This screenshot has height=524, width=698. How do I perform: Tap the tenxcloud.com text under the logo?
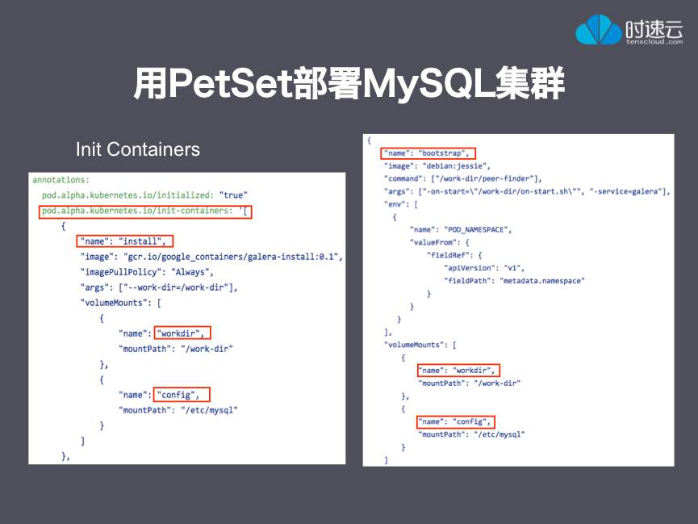[x=654, y=41]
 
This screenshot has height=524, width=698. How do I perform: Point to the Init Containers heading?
[x=138, y=149]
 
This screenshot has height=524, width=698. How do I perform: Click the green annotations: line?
[x=61, y=180]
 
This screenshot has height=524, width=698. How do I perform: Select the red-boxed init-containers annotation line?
[x=145, y=212]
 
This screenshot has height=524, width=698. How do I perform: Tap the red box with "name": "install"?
[x=124, y=241]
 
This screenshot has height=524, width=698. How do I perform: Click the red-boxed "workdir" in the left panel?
[x=182, y=333]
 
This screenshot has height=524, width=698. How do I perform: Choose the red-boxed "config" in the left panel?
[x=182, y=394]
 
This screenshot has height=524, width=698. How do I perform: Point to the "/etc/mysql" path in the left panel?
[x=209, y=410]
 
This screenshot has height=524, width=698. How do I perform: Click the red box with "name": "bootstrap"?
[x=428, y=153]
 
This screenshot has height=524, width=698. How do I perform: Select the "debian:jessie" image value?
[x=456, y=166]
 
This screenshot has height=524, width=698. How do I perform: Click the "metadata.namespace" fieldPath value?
[x=542, y=281]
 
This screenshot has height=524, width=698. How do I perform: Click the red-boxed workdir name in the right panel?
[x=458, y=371]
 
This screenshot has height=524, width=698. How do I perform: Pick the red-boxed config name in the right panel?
[x=456, y=421]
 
